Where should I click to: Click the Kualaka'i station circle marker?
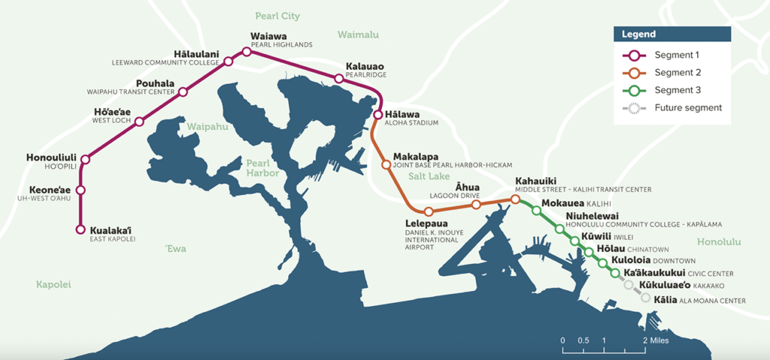tap(81, 229)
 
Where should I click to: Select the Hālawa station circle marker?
tap(378, 114)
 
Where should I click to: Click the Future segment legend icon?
tap(633, 107)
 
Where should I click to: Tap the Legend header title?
tap(638, 35)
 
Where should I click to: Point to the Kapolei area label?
tap(53, 284)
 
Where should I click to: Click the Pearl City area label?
tap(277, 15)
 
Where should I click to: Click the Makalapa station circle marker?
tap(386, 164)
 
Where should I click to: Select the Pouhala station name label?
tap(155, 83)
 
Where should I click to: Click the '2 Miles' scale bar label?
tap(654, 340)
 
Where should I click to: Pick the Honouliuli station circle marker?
tap(85, 159)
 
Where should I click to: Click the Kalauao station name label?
tap(365, 67)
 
